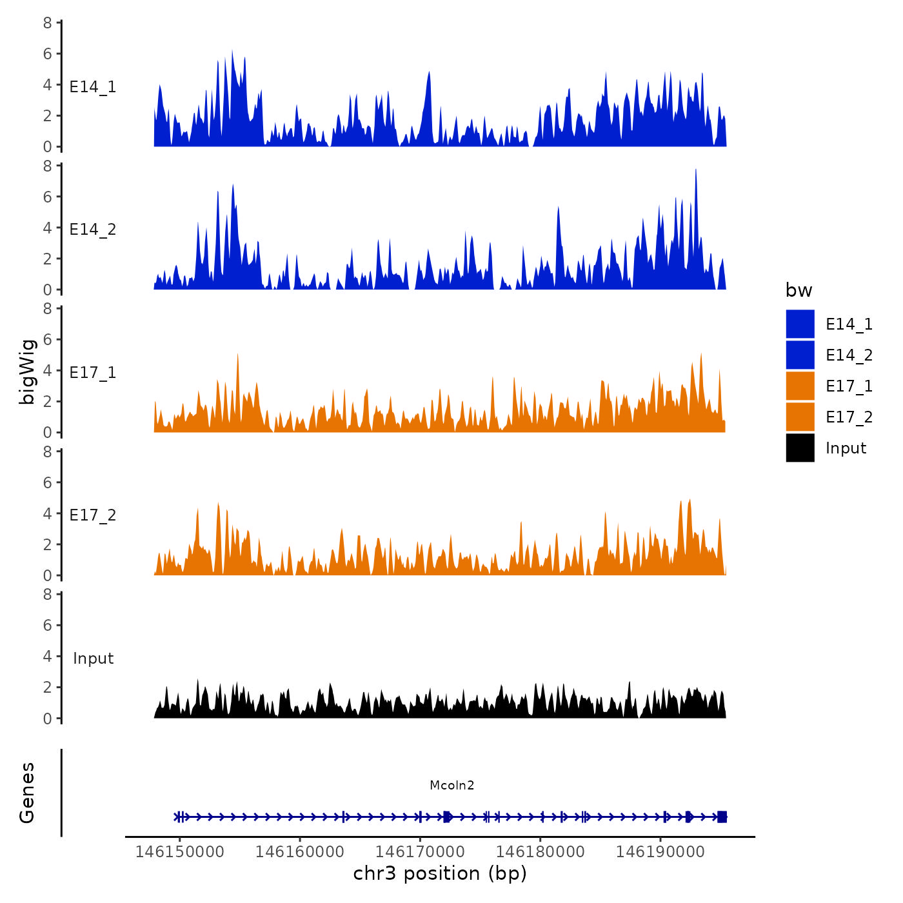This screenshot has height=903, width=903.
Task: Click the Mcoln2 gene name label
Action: [451, 785]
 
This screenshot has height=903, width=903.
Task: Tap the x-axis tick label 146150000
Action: [179, 852]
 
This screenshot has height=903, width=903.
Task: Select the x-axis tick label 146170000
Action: [420, 852]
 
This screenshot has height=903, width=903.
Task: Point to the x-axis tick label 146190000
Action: [660, 852]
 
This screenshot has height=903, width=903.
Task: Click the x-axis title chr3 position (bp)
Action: [440, 874]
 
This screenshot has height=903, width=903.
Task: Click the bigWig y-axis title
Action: [27, 372]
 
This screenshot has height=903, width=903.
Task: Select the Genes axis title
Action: [27, 793]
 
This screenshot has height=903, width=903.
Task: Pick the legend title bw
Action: [799, 290]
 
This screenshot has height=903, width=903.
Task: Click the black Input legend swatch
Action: [800, 448]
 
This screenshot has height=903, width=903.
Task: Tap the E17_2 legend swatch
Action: [800, 417]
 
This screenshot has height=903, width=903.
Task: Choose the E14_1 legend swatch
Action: [800, 324]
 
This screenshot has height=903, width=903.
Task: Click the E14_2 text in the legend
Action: [849, 355]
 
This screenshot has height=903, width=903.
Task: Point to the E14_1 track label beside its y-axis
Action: [93, 86]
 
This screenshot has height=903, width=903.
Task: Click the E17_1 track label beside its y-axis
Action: [93, 372]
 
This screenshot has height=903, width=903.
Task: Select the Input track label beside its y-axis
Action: [93, 658]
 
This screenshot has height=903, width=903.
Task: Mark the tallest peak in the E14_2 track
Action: [695, 170]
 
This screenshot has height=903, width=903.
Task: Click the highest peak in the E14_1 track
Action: [232, 52]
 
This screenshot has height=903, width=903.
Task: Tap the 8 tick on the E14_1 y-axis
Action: [47, 23]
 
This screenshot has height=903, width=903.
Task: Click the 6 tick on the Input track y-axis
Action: [47, 625]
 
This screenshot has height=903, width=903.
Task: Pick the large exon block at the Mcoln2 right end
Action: [722, 817]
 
